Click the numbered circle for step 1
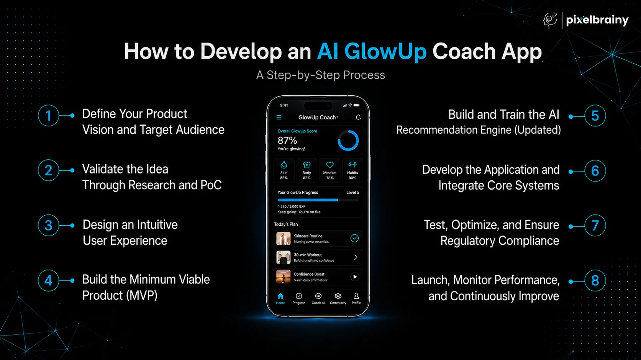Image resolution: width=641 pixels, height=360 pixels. [48, 116]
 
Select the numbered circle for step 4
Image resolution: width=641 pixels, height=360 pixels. [48, 280]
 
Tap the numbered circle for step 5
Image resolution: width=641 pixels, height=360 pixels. [595, 116]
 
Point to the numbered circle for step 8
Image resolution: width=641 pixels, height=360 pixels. [595, 280]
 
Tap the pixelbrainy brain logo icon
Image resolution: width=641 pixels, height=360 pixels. [550, 20]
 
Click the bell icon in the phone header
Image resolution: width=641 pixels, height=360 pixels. [358, 117]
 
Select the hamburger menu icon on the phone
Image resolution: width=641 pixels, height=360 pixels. [279, 117]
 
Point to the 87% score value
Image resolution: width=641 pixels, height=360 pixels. [287, 141]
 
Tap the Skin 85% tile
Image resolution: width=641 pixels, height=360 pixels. [284, 170]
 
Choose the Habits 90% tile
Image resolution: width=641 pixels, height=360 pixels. [352, 170]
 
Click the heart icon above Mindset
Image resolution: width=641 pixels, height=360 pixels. [330, 165]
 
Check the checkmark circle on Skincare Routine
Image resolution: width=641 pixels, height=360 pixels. [354, 238]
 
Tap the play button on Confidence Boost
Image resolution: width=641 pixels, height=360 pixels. [355, 277]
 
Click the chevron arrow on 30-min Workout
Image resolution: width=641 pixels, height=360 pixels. [356, 257]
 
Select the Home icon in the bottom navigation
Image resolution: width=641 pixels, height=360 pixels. [280, 296]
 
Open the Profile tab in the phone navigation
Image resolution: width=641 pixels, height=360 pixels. [356, 298]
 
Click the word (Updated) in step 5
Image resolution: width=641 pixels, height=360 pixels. [538, 130]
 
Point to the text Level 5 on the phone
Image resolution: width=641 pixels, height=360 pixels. [352, 192]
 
